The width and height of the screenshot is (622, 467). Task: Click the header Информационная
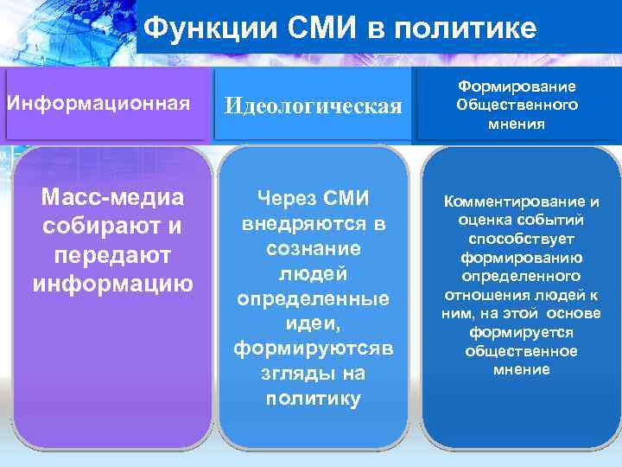pos(98,105)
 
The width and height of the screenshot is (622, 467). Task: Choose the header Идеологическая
pos(314,106)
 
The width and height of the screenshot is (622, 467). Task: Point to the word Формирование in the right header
pos(517,86)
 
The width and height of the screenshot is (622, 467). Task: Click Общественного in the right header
pos(517,105)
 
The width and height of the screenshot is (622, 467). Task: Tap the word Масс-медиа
pos(113,198)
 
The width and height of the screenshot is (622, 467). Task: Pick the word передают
pos(113,255)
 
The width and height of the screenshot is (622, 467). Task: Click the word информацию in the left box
pos(113,284)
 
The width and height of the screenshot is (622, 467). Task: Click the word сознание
pos(314,248)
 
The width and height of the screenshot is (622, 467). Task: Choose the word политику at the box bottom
pos(314,398)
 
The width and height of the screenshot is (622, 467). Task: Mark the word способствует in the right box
pos(518,239)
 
